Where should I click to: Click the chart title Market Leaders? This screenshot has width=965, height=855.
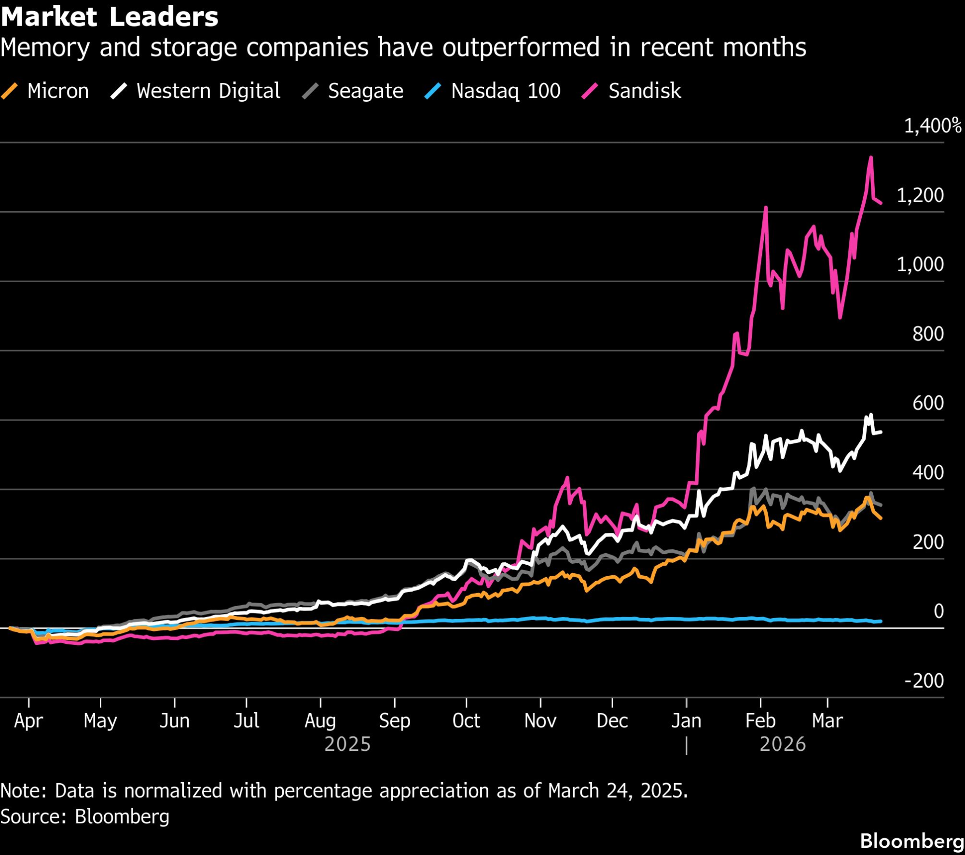[110, 17]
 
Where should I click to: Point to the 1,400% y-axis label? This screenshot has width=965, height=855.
[932, 126]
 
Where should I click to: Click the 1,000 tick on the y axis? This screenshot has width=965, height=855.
[920, 264]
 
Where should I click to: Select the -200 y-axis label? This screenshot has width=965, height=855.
[924, 680]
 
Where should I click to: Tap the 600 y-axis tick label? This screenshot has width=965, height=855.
[927, 403]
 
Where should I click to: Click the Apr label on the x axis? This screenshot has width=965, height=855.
[28, 720]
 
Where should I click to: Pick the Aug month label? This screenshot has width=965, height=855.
[320, 720]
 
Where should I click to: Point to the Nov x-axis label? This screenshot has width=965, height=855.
[540, 720]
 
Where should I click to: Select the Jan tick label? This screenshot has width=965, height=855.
[686, 720]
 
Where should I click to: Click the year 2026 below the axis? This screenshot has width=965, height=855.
[782, 744]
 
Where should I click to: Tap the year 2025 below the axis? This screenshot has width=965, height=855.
[347, 744]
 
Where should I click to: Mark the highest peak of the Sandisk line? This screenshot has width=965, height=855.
[871, 157]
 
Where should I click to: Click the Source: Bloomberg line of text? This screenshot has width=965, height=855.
[85, 816]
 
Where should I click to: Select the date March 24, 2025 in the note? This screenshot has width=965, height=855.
[618, 791]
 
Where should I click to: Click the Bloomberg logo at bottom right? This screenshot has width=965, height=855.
[911, 841]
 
